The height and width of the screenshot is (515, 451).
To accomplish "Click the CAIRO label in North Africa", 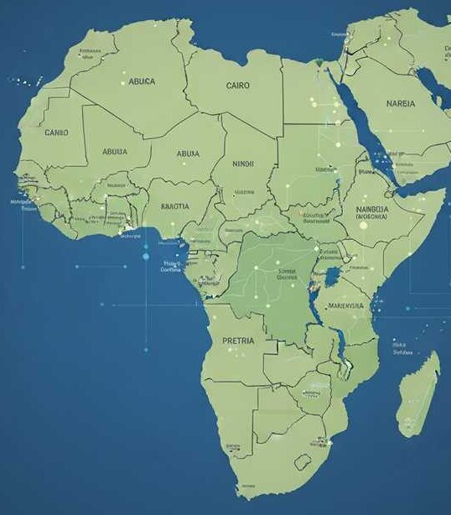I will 237,85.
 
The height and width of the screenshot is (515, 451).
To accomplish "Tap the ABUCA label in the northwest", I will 142,82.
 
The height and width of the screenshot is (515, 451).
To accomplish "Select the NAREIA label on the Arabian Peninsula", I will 400,104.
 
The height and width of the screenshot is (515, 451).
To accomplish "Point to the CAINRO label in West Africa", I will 56,133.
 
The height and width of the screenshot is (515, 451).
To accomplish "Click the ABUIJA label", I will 115,152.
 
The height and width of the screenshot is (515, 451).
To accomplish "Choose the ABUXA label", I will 188,153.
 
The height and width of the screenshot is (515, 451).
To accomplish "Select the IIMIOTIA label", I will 174,205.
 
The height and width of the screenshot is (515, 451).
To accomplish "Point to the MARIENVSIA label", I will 346,306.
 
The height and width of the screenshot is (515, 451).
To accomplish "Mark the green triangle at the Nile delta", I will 319,61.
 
